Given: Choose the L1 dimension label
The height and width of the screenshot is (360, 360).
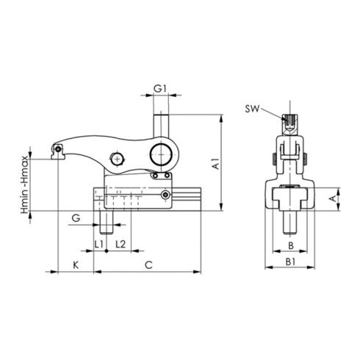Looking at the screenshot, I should tap(98, 243).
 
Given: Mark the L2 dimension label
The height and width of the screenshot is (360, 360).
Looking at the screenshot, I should tap(120, 243).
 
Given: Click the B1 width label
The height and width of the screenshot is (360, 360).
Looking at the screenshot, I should tap(290, 261).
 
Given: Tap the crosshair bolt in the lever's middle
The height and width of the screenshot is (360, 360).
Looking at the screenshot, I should tap(116, 160).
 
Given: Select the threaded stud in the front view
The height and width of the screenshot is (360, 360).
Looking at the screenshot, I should tap(289, 220).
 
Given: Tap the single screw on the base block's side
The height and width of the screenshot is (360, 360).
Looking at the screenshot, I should tap(167, 195).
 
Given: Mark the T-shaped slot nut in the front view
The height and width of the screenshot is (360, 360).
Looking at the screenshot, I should tap(289, 196).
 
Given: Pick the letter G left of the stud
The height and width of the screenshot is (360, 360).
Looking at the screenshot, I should tap(75, 218).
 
